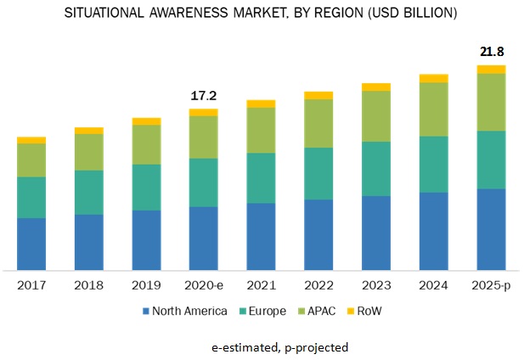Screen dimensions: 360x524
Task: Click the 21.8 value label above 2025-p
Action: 491,52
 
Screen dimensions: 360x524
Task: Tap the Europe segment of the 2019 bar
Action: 146,187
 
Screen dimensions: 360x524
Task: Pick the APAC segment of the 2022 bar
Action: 318,123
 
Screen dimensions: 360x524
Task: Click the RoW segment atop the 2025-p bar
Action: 491,69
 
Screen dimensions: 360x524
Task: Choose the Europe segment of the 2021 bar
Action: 261,177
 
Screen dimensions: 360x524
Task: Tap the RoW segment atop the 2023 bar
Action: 376,87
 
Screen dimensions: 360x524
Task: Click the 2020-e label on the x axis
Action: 203,285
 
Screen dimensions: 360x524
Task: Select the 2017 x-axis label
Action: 31,285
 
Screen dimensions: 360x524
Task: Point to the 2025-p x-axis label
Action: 491,285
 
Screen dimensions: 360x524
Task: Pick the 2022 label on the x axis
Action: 318,285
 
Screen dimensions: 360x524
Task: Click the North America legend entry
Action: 183,311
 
